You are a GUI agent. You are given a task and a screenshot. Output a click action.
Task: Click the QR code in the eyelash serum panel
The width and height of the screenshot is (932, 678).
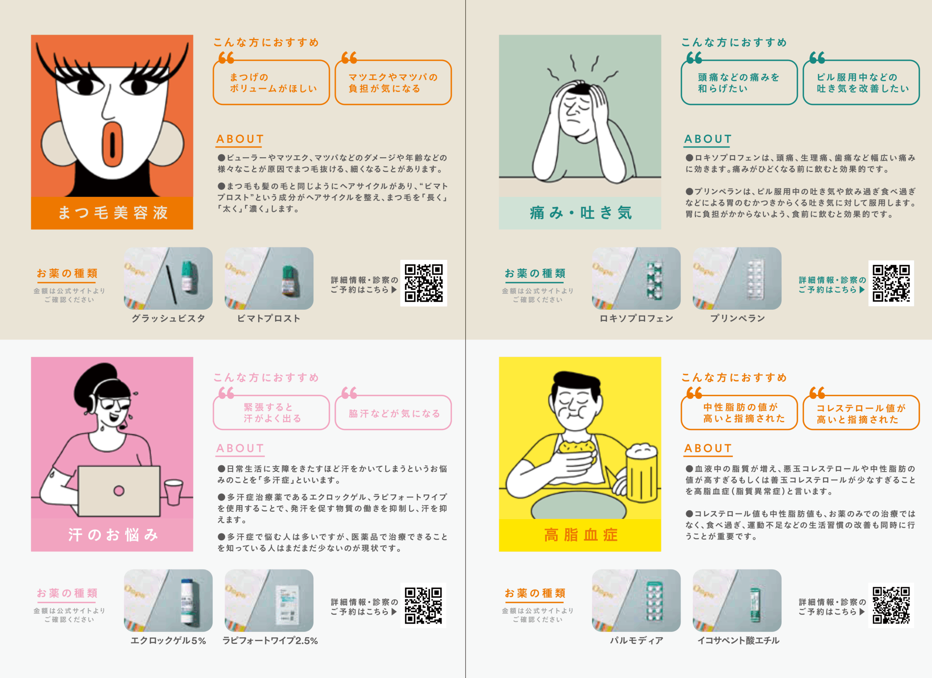[424, 283]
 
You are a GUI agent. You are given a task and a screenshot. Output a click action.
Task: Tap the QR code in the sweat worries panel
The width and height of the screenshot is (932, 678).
[423, 605]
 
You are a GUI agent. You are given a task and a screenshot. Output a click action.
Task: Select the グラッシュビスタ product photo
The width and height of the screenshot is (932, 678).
[168, 278]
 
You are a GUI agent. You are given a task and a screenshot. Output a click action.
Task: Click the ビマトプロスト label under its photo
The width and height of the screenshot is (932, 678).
[269, 318]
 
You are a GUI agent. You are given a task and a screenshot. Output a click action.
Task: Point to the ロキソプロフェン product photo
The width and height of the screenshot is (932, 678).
[636, 278]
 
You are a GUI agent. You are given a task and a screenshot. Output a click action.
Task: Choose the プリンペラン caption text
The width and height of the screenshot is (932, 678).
[738, 318]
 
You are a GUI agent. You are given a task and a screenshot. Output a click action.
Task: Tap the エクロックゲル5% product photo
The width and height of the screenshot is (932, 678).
[168, 600]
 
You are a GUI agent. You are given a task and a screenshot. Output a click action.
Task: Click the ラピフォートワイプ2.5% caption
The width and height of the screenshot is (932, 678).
[270, 641]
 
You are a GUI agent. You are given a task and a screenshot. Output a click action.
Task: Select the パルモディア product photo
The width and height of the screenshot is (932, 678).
[636, 600]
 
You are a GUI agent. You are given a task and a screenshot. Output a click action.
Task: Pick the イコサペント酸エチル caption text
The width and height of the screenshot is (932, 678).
[738, 641]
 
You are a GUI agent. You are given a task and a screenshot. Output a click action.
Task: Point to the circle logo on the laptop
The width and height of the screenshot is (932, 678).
[119, 490]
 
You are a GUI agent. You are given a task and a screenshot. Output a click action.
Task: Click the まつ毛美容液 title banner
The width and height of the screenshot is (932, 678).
[112, 213]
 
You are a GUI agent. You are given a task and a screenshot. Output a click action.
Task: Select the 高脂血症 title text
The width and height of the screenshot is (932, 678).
[581, 535]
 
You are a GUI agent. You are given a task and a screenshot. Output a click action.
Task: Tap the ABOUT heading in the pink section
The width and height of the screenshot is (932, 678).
[240, 448]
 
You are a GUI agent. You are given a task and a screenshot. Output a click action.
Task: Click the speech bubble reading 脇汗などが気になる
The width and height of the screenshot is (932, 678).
[393, 412]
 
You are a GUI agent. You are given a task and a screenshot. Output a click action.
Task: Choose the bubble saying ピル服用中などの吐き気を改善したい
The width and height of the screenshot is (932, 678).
[861, 82]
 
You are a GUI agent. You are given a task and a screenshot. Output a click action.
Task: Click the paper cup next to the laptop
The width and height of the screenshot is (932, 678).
[173, 492]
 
